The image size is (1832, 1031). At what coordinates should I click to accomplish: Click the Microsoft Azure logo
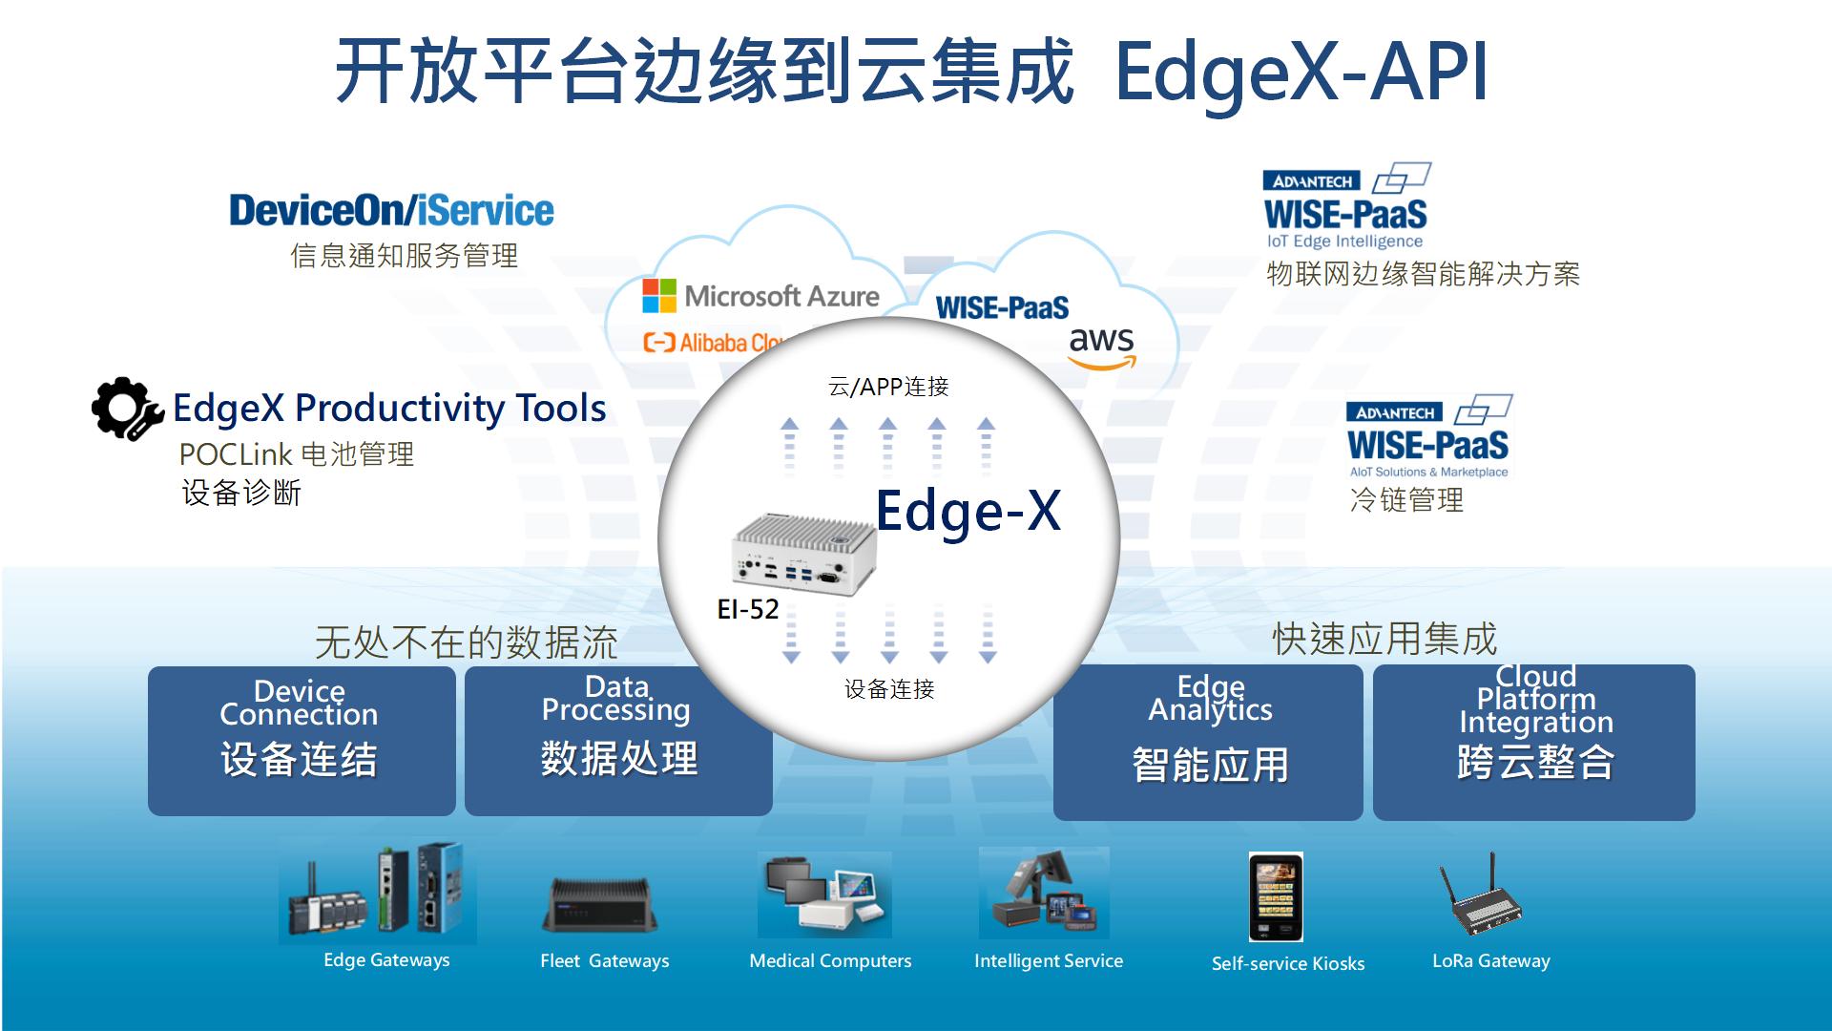tap(760, 296)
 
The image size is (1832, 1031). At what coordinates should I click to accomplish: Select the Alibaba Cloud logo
tap(714, 343)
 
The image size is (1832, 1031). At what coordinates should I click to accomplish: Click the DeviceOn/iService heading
tap(391, 210)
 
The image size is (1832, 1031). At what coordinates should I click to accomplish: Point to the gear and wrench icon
tap(127, 409)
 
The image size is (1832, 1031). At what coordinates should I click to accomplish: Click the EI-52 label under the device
tap(748, 609)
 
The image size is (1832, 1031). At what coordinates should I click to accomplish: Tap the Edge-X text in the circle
tap(968, 511)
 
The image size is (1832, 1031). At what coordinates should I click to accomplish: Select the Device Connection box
tap(302, 741)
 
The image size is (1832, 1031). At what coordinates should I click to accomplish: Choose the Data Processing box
tap(618, 741)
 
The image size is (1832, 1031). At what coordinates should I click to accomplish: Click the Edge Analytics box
tap(1208, 742)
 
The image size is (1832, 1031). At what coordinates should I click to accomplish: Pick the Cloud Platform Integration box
tap(1534, 742)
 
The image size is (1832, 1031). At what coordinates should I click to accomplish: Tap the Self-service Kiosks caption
tap(1288, 963)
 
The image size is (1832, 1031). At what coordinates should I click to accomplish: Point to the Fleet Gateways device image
tap(600, 904)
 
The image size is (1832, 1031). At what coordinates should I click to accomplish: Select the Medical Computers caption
tap(830, 960)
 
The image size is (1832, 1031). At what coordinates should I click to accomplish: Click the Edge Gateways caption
tap(386, 959)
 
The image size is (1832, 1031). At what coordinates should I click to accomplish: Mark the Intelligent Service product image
tap(1044, 893)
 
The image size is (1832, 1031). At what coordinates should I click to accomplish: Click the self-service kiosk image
tap(1276, 897)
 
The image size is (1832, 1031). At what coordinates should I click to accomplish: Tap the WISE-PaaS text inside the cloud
tap(1002, 307)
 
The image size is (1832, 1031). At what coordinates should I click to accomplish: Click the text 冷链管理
tap(1406, 499)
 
